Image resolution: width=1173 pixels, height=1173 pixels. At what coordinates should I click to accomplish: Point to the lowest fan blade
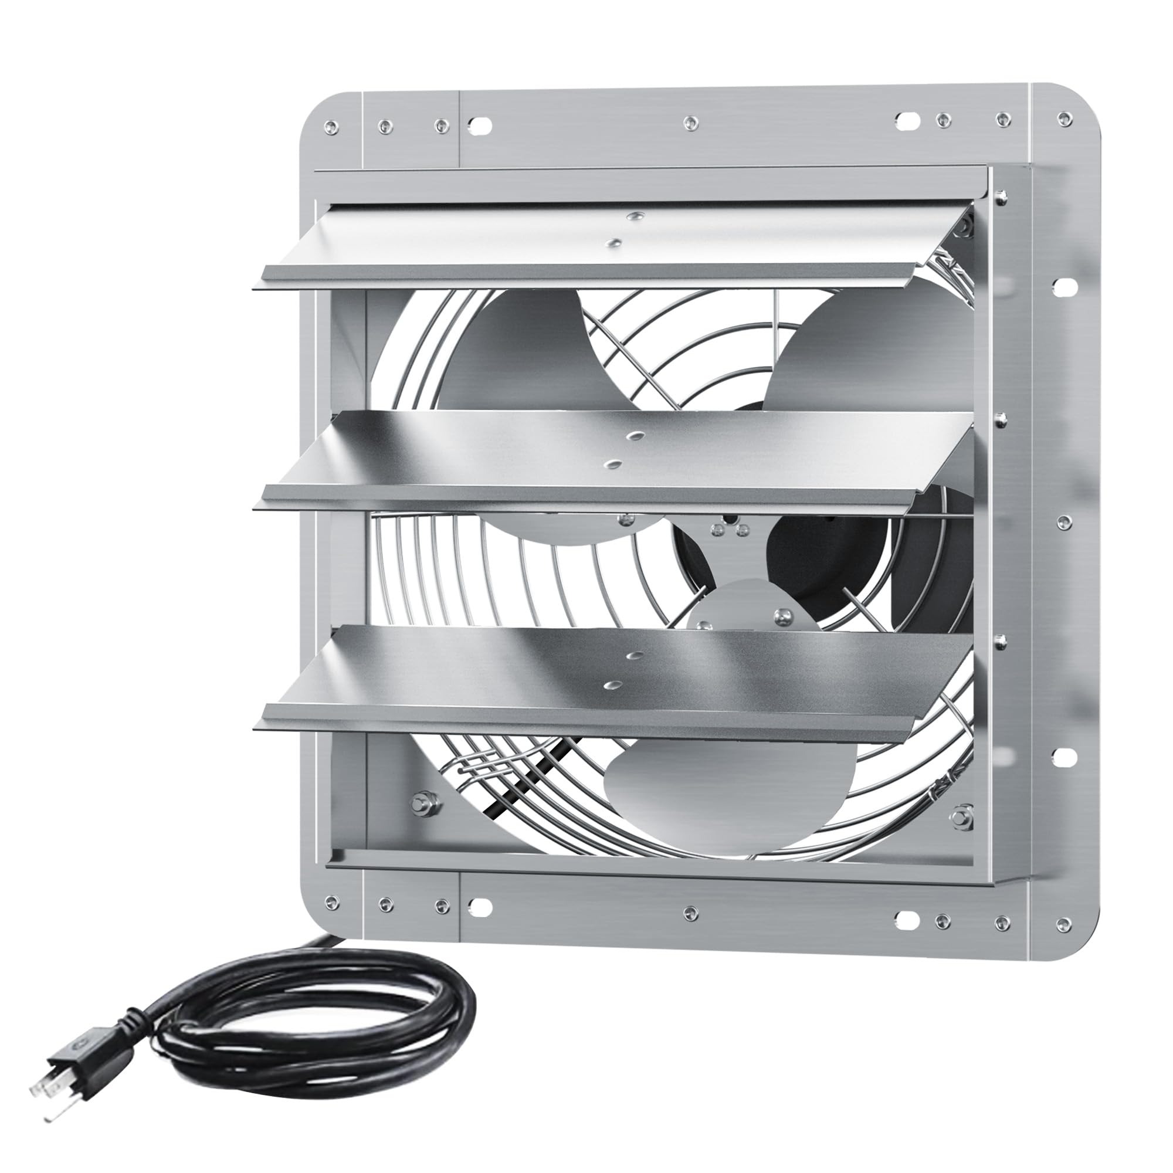point(728,789)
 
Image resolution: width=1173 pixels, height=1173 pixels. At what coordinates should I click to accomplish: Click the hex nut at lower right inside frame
point(961,813)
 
